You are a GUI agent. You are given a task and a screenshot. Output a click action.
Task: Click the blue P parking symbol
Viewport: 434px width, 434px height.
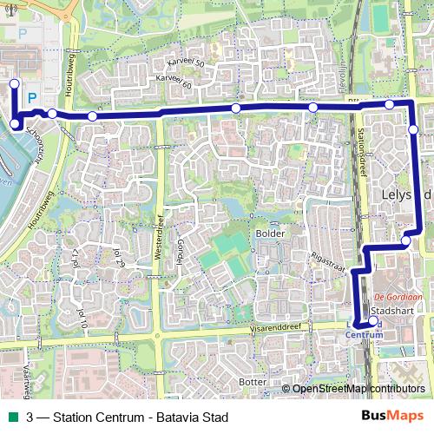32,98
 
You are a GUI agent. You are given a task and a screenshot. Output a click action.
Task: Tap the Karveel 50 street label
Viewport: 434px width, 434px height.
187,64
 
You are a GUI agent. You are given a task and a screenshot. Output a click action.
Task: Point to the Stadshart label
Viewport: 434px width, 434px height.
389,310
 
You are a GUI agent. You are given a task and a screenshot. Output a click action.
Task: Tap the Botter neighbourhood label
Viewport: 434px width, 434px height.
252,381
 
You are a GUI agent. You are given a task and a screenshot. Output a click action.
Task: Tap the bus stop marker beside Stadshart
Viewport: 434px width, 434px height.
373,321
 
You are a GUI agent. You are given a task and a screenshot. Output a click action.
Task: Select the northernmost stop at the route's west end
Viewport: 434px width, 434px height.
13,84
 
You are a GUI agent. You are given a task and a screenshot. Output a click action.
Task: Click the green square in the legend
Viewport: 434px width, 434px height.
12,418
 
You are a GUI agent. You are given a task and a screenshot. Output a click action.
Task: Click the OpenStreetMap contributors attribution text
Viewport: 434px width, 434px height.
358,388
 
